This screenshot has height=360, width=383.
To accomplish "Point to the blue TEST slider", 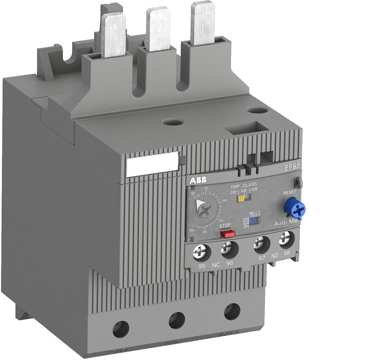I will (255, 221).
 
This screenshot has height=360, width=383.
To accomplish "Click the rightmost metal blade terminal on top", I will (202, 22).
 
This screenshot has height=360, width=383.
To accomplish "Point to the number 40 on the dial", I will (225, 200).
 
